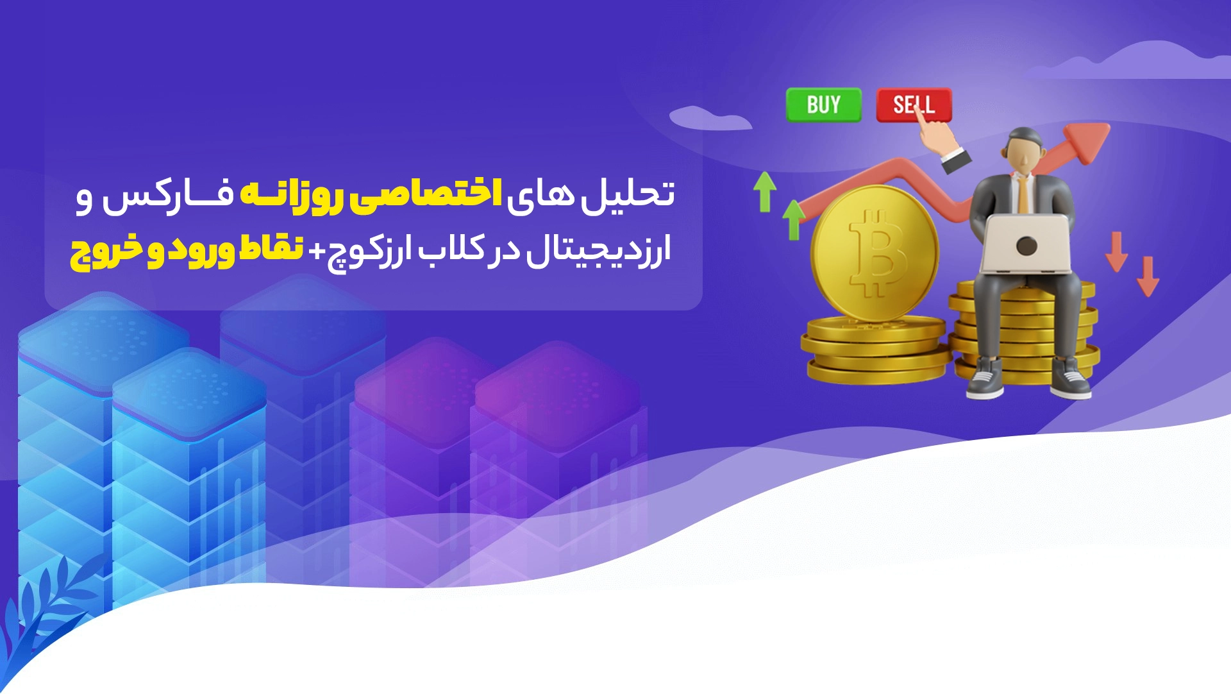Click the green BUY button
(824, 105)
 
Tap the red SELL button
(914, 105)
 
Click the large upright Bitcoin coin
(875, 253)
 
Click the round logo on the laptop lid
(1026, 245)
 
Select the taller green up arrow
(765, 191)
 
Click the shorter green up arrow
(794, 220)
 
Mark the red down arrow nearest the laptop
(1116, 251)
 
